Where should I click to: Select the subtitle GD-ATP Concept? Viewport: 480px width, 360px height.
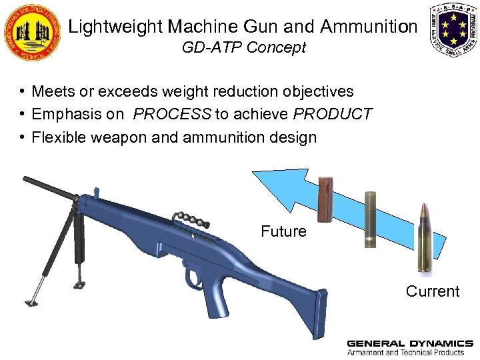click(x=243, y=48)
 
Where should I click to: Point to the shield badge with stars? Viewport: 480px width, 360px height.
click(x=453, y=29)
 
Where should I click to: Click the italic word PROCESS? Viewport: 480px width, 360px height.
click(x=172, y=114)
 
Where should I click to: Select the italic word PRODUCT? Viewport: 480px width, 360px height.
click(x=332, y=114)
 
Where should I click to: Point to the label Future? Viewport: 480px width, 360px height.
click(x=283, y=231)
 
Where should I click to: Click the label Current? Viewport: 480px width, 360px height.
click(x=433, y=291)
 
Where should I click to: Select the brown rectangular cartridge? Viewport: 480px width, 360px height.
click(x=325, y=199)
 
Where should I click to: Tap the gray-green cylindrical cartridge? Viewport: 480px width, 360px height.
click(x=371, y=219)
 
